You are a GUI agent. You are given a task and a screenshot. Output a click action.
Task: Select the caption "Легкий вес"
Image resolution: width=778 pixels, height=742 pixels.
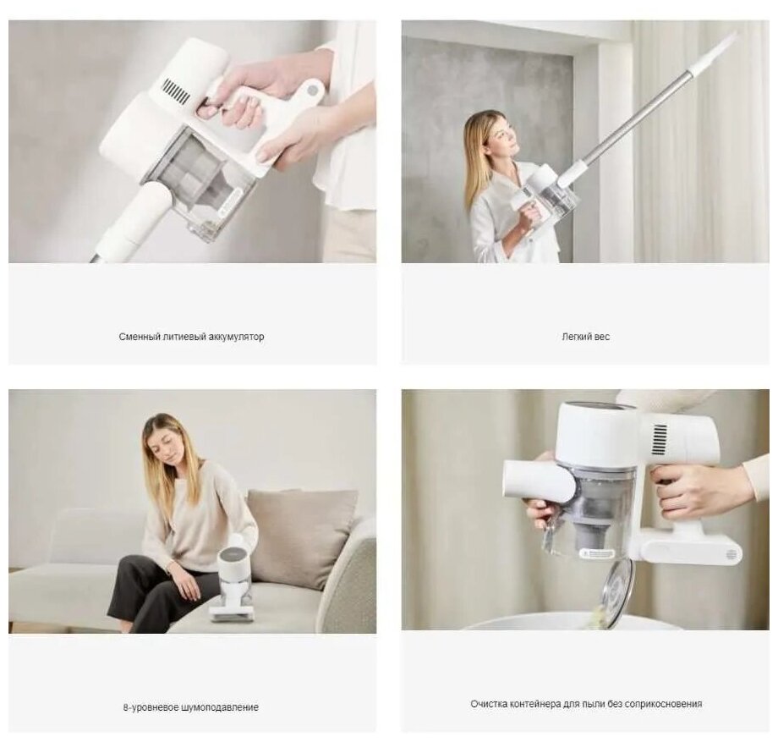pyautogui.click(x=585, y=337)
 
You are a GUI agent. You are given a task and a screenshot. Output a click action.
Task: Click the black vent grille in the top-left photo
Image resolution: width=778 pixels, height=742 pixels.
pyautogui.click(x=176, y=91)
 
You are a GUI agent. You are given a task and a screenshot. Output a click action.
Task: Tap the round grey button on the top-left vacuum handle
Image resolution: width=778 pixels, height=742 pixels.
pyautogui.click(x=312, y=91)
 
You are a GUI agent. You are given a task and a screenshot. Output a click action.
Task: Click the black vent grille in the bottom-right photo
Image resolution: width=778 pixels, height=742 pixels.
pyautogui.click(x=660, y=439)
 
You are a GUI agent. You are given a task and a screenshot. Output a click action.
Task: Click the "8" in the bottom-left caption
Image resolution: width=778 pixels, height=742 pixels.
pyautogui.click(x=125, y=707)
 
